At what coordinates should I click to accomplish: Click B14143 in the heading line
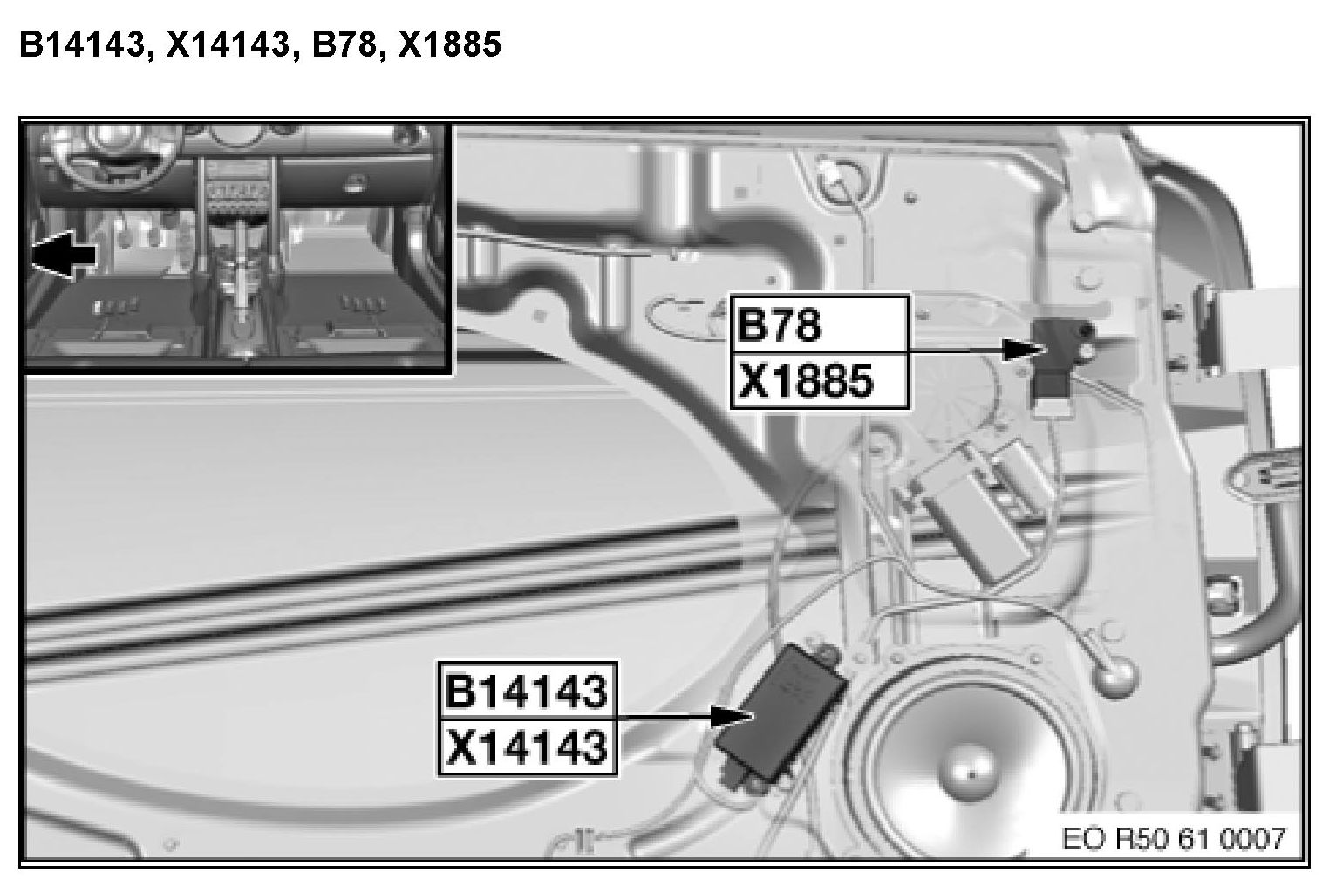(82, 45)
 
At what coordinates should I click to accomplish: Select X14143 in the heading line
(229, 45)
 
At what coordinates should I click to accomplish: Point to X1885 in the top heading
(449, 44)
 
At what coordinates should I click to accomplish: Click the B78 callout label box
(820, 324)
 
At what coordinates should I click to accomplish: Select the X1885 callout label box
(820, 381)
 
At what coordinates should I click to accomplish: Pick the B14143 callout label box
(528, 691)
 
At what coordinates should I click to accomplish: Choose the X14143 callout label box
(528, 747)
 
